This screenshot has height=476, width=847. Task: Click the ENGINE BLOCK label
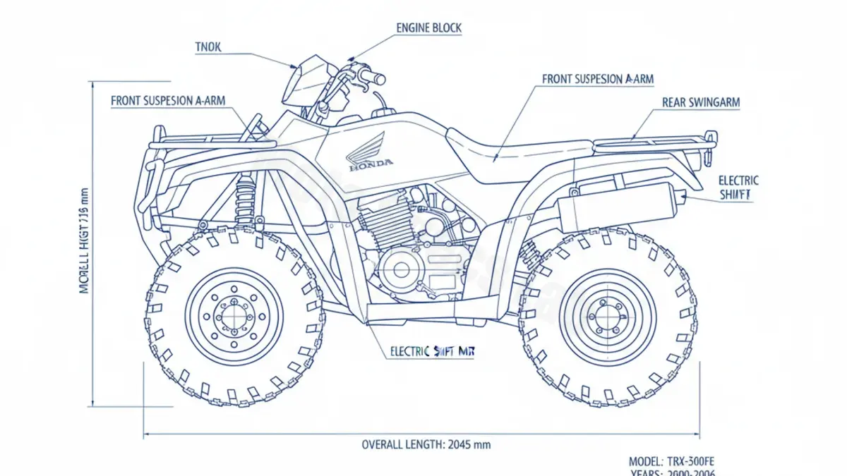coord(428,28)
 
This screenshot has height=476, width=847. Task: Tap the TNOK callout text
coord(208,47)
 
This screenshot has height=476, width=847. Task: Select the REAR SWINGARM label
coord(701,102)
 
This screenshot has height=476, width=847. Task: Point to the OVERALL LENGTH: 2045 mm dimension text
coord(426,444)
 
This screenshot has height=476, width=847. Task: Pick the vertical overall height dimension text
coord(85,240)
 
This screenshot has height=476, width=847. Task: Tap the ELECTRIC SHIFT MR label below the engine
coord(431,350)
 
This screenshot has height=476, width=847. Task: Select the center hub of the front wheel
coord(234,316)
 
